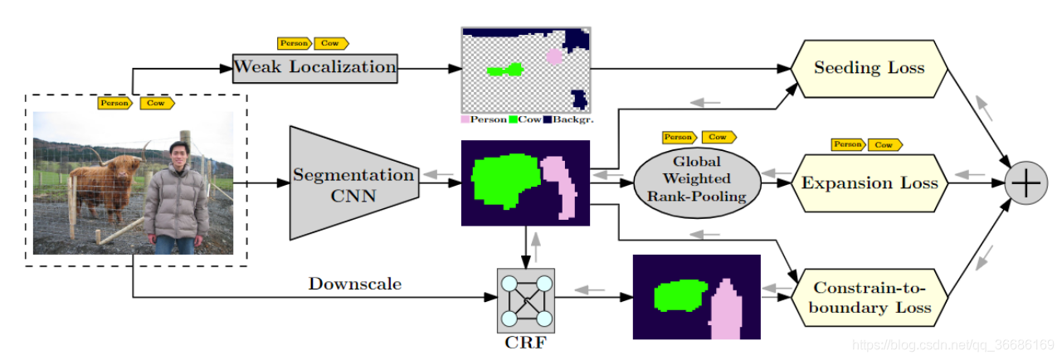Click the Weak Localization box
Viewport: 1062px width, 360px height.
314,67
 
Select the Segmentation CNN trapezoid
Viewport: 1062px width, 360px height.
352,183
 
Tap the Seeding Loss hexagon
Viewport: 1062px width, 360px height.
869,68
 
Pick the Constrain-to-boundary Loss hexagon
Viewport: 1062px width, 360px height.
869,298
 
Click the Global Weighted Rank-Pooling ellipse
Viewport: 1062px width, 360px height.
696,179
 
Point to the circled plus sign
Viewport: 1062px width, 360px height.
1025,183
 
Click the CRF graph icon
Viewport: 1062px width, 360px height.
524,299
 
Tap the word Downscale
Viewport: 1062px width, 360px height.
355,284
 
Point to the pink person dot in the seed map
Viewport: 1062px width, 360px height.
553,56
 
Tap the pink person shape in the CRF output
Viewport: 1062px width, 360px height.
725,312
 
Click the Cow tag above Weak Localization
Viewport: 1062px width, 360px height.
334,43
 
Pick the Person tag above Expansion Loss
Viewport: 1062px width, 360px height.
848,144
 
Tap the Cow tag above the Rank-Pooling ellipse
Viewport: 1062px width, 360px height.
719,137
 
